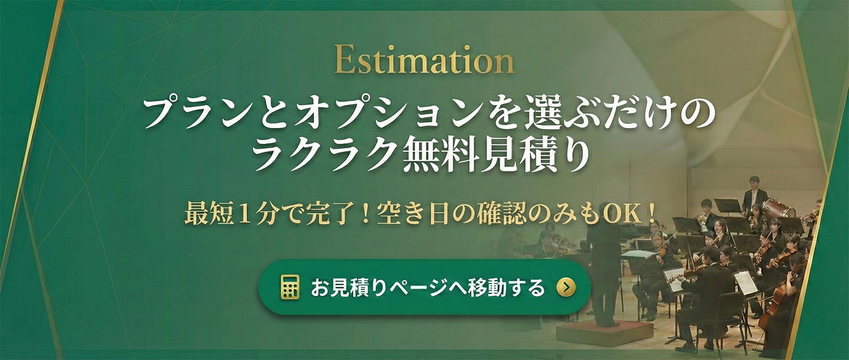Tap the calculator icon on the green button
(x=289, y=288)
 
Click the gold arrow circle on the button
(x=565, y=288)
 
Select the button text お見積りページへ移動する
(x=427, y=288)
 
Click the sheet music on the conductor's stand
(x=638, y=255)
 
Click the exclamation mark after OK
(x=653, y=216)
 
